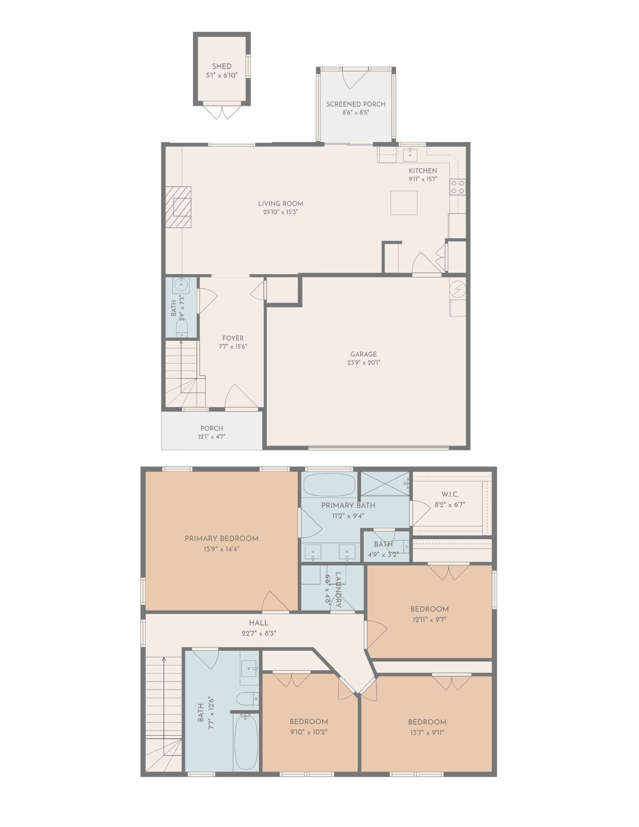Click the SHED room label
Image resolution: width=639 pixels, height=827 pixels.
[222, 66]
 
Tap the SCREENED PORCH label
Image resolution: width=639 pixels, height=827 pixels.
[356, 104]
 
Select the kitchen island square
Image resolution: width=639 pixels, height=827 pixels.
[404, 203]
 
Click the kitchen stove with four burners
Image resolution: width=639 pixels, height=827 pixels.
[458, 186]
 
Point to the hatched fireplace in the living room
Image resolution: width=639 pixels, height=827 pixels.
[178, 207]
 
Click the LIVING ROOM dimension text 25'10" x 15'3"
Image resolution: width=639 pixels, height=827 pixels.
[280, 212]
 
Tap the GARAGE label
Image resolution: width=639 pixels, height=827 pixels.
[364, 354]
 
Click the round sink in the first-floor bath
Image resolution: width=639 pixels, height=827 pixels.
[181, 285]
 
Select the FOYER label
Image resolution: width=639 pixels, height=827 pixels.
[233, 338]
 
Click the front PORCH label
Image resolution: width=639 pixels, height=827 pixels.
[212, 428]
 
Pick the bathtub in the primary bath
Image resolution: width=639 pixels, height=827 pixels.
[330, 485]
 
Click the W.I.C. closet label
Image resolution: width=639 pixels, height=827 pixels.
[450, 494]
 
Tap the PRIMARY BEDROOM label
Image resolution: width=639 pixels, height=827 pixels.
[222, 538]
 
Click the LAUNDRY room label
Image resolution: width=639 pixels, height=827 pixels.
[338, 590]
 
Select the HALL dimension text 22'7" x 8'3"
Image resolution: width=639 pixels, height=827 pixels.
[259, 633]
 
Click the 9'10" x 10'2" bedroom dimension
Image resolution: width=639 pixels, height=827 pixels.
[309, 732]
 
